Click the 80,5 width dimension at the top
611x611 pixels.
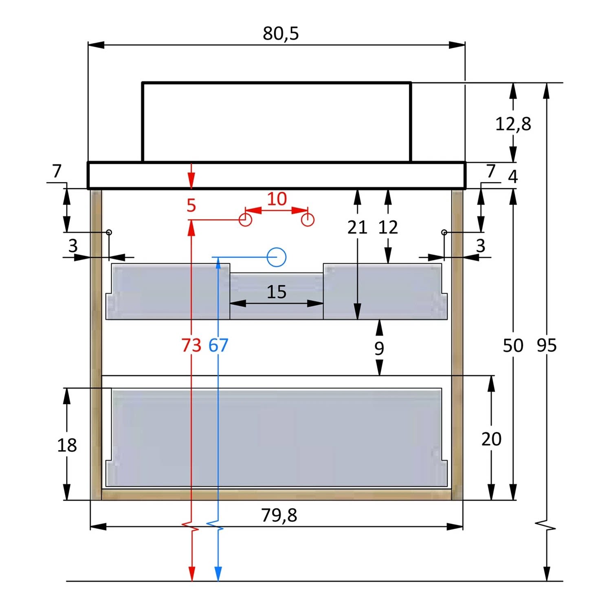coord(281,33)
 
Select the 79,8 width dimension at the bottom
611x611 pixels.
coord(279,515)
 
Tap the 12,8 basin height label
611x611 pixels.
coord(513,124)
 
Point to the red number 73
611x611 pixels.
coord(191,345)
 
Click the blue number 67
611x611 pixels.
coord(218,345)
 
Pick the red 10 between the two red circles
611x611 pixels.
coord(277,199)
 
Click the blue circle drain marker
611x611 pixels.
coord(277,257)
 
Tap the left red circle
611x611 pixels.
coord(245,220)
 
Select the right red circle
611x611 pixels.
coord(308,220)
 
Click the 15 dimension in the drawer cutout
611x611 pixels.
coord(277,292)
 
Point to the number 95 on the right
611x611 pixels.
coord(547,345)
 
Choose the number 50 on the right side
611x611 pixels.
coord(513,345)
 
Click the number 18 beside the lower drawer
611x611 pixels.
coord(67,445)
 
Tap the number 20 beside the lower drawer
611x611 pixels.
coord(491,439)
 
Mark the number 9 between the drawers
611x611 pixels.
coord(379,348)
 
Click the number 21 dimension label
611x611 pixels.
coord(357,227)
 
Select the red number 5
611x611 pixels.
coord(191,205)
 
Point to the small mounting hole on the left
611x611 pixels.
coord(109,232)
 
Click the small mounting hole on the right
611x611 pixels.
coord(444,232)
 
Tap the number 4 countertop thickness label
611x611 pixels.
coord(513,177)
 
